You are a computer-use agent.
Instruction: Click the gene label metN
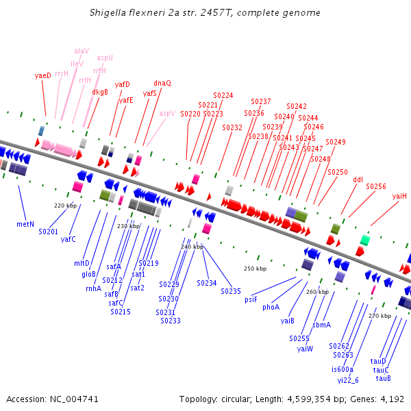coord(25,224)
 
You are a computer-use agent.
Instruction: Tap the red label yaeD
coord(42,75)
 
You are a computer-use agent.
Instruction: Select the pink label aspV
coord(167,113)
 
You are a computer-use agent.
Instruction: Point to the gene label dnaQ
coord(162,83)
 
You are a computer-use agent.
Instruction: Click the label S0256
coord(376,186)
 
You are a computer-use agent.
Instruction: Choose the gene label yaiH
coord(400,196)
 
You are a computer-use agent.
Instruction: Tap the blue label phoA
coord(271,307)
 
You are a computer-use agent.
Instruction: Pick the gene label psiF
coord(251,299)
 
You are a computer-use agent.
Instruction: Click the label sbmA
coord(321,325)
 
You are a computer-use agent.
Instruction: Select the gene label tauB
coord(383,378)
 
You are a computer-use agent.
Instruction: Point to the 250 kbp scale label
coord(255,269)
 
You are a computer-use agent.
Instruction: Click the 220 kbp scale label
coord(65,205)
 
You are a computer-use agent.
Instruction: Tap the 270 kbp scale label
coord(379,316)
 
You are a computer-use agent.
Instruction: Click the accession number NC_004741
coord(76,399)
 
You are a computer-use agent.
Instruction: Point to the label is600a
coord(342,369)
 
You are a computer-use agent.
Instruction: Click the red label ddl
coord(358,179)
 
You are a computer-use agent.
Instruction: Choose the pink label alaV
coord(82,51)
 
